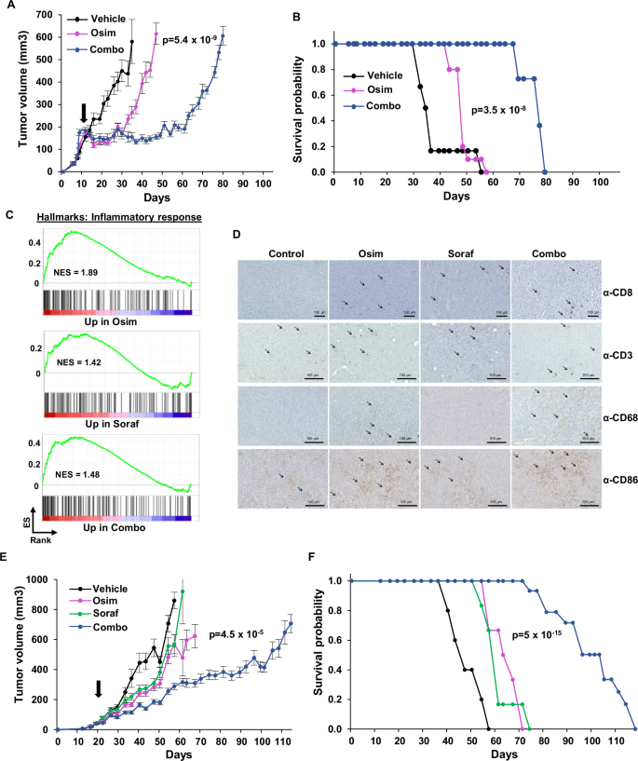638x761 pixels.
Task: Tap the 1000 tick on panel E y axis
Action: coord(37,580)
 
